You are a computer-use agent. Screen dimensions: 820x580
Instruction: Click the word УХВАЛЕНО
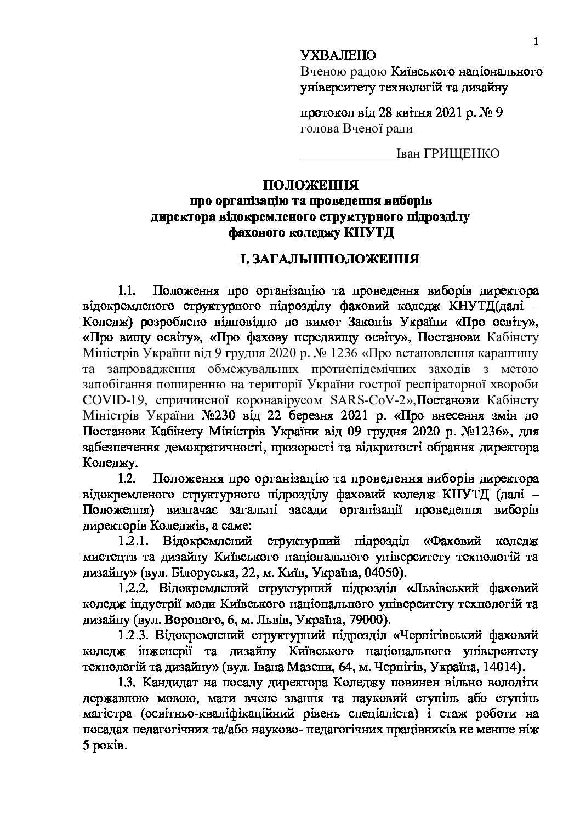338,55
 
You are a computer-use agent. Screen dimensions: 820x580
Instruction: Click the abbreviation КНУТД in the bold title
368,232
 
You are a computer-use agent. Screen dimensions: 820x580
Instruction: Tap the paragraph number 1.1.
127,289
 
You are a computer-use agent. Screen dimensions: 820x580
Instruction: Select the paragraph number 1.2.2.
133,589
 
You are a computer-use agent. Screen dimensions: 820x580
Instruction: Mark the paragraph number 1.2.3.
133,636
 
